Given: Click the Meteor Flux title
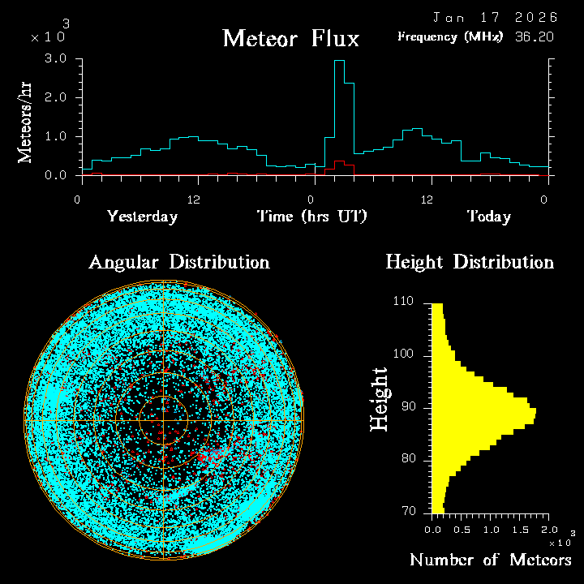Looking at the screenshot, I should pyautogui.click(x=290, y=38).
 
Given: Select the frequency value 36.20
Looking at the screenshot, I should pyautogui.click(x=533, y=36).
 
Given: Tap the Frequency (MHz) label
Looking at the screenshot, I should pyautogui.click(x=450, y=36).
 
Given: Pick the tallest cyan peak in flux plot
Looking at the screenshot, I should pyautogui.click(x=339, y=62).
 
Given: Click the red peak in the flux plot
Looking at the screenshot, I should pyautogui.click(x=339, y=162).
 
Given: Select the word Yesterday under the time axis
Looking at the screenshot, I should pyautogui.click(x=142, y=217).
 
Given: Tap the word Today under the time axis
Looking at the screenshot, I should pyautogui.click(x=488, y=217).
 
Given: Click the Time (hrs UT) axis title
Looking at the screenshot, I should pyautogui.click(x=312, y=217).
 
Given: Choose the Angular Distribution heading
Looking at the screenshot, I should pyautogui.click(x=179, y=262).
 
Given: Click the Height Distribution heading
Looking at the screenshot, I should pyautogui.click(x=470, y=262).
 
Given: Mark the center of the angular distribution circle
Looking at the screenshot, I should pyautogui.click(x=164, y=421).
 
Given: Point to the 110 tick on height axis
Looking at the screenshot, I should pyautogui.click(x=403, y=302).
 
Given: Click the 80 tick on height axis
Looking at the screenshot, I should pyautogui.click(x=406, y=459).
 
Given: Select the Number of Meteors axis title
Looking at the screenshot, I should pyautogui.click(x=490, y=560).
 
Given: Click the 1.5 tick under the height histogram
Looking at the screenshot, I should pyautogui.click(x=520, y=530).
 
